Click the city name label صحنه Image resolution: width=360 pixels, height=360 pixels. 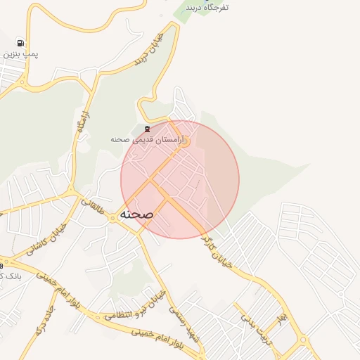[x=137, y=212]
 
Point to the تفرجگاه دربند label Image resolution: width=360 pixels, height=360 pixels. [x=207, y=7]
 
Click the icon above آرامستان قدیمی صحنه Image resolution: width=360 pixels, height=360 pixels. [x=146, y=129]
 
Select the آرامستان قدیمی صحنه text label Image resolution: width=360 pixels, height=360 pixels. [x=146, y=140]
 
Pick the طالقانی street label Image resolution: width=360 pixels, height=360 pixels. [x=91, y=206]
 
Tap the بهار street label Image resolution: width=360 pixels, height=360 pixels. [x=282, y=321]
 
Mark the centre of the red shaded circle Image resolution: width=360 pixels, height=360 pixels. [x=180, y=180]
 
